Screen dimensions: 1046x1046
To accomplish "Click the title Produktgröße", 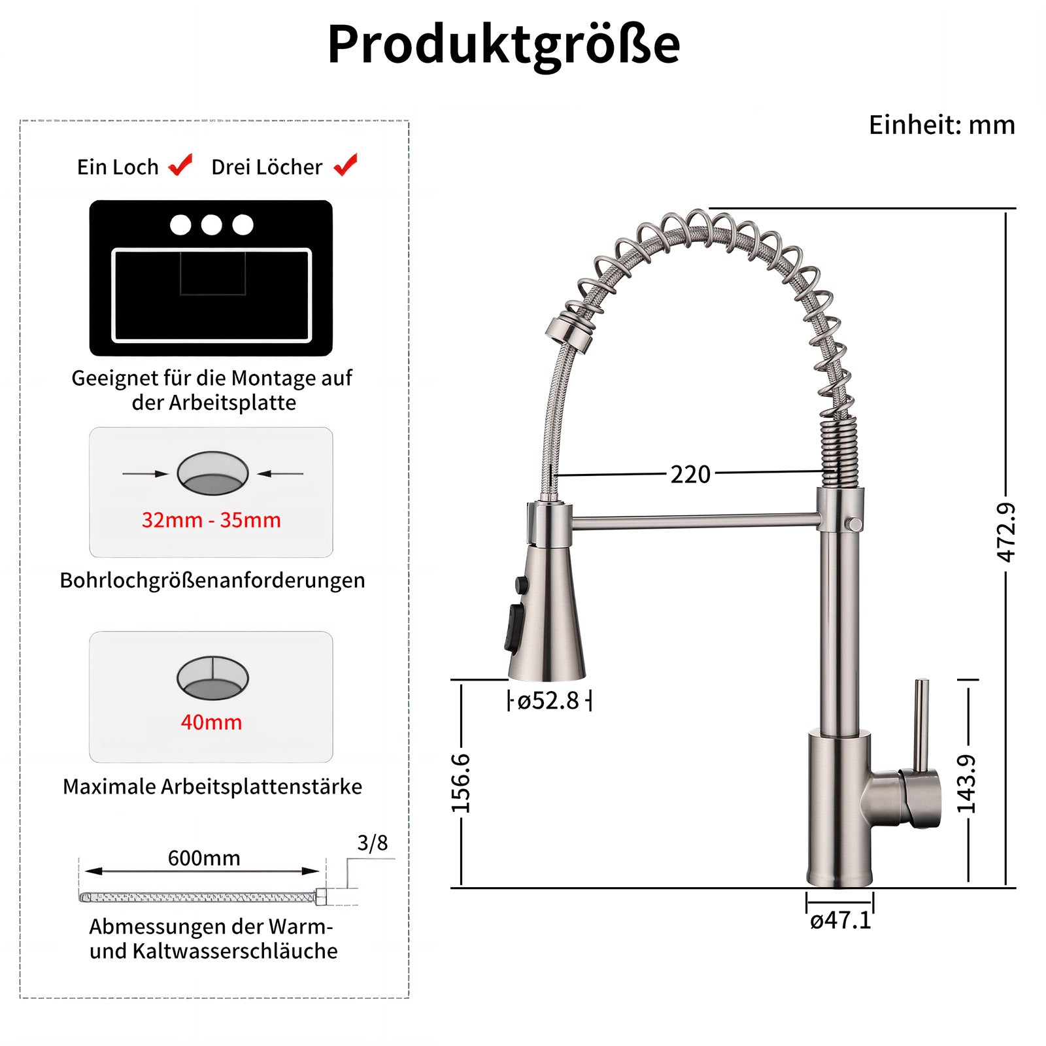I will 503,44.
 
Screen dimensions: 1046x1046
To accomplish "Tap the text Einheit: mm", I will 941,125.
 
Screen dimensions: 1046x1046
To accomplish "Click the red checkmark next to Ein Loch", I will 181,165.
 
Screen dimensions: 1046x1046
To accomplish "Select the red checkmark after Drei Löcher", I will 346,165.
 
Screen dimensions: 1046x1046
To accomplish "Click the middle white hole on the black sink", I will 211,225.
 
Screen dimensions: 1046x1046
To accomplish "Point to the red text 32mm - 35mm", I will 211,520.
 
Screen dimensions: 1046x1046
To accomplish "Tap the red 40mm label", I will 211,722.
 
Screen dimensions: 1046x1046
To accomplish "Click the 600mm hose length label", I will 204,858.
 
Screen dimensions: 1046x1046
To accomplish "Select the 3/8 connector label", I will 372,843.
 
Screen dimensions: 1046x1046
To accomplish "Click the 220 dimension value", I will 690,474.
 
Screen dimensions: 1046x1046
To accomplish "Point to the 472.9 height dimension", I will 1006,532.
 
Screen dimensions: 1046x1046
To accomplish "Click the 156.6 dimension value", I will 461,783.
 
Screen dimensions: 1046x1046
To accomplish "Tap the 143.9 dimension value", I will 967,783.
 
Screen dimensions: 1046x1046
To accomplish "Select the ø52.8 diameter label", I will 548,701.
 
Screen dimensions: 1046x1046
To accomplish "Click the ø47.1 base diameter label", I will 840,920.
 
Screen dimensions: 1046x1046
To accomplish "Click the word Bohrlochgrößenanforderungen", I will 212,581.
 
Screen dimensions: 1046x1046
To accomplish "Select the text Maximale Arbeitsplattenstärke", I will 212,786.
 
